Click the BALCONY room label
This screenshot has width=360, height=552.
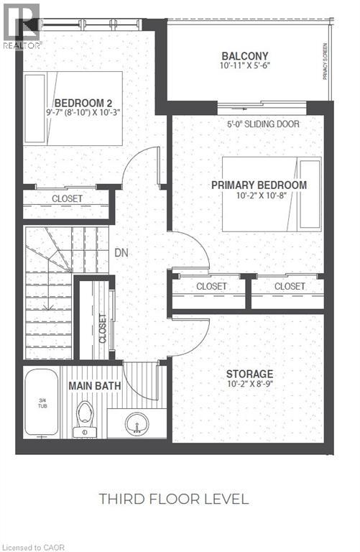tap(245, 56)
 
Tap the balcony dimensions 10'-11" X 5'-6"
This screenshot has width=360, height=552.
tap(245, 68)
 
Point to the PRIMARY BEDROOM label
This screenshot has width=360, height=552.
tap(259, 185)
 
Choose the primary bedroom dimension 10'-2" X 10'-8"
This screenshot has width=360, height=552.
tap(259, 196)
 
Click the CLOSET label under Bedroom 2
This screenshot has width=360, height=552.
tap(67, 198)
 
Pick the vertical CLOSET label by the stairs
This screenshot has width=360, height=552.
tap(102, 328)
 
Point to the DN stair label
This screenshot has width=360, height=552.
tap(121, 253)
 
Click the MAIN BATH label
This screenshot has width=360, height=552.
tap(94, 385)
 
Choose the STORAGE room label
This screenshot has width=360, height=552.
tap(249, 374)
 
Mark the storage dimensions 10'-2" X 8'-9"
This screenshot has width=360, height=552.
tap(249, 385)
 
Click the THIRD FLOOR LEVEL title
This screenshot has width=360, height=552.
tap(174, 498)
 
